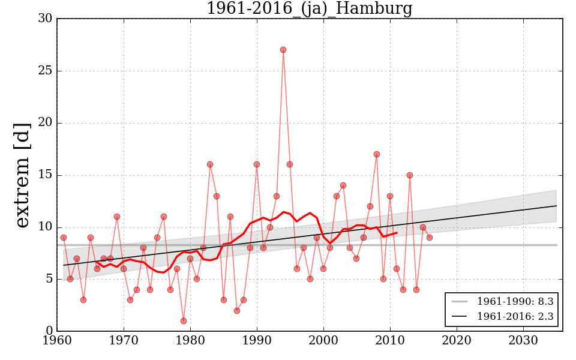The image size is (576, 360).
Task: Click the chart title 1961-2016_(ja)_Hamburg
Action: [309, 9]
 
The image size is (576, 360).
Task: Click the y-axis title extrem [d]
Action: [22, 175]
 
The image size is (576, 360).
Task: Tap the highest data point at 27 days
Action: [283, 50]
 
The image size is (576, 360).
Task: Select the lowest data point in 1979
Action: [184, 321]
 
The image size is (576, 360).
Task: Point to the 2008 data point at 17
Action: [377, 154]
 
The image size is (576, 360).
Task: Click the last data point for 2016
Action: [430, 238]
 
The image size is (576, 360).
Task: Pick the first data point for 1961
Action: [64, 238]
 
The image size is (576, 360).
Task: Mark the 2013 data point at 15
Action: [410, 175]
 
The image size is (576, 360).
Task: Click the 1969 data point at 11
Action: [117, 217]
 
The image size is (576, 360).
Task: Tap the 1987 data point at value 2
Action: [237, 311]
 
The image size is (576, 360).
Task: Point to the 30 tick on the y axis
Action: [44, 19]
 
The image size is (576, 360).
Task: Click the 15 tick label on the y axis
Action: [44, 175]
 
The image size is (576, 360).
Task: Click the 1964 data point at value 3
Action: [83, 300]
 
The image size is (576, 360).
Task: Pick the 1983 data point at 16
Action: [210, 164]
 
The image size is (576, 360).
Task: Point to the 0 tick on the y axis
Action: [48, 331]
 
